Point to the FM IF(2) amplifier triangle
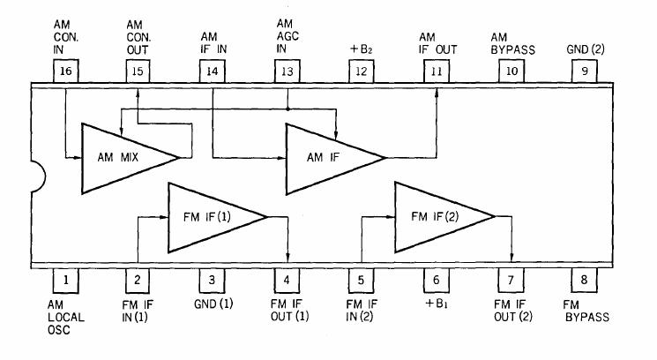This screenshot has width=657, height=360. (436, 216)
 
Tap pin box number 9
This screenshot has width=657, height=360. (583, 72)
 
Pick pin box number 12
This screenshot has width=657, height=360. (362, 72)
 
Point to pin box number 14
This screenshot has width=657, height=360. (213, 72)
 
